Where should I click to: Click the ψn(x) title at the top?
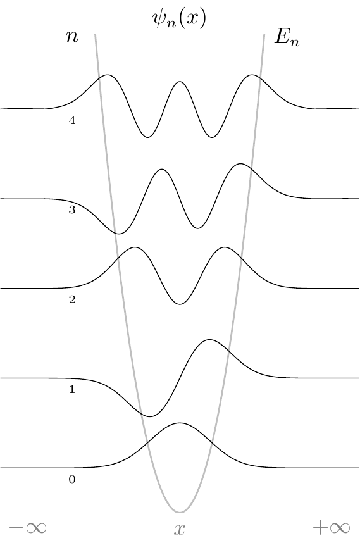click(x=179, y=18)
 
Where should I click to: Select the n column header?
click(x=72, y=36)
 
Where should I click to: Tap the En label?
click(x=287, y=37)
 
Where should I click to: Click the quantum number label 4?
click(x=72, y=120)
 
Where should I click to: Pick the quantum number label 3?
click(x=72, y=210)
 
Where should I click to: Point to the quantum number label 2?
click(x=72, y=299)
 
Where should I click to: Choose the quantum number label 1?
click(x=72, y=389)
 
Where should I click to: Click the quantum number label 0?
click(x=72, y=479)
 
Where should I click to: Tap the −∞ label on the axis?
click(x=28, y=528)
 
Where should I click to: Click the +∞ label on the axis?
click(x=332, y=528)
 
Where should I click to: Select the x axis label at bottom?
click(x=179, y=530)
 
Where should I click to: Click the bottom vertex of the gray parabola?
click(x=180, y=512)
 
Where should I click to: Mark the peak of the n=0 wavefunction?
click(x=180, y=423)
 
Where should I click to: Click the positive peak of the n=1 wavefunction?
click(x=209, y=340)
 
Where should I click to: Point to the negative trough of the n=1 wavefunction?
click(x=150, y=416)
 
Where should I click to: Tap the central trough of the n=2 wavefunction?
click(x=180, y=304)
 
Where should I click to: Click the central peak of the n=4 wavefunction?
click(x=180, y=82)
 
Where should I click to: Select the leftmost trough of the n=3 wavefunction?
click(x=118, y=234)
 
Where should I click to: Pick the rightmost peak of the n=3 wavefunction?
click(x=240, y=164)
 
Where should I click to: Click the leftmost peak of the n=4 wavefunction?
click(x=108, y=75)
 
